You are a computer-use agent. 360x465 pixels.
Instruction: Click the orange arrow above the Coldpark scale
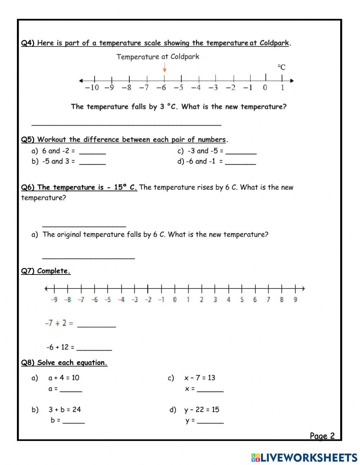pos(165,67)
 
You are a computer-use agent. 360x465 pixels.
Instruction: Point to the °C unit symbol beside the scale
pos(282,67)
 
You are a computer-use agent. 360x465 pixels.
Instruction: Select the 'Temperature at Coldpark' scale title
pos(158,57)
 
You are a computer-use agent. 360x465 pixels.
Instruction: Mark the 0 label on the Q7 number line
pos(175,299)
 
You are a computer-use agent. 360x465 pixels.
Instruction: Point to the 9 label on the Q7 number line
pos(295,299)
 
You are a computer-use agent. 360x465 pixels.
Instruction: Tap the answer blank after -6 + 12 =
pos(94,349)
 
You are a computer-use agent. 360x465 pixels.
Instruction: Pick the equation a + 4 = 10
pos(64,378)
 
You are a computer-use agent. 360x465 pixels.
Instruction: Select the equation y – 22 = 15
pos(202,410)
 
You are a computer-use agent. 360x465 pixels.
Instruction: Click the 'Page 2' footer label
pos(322,436)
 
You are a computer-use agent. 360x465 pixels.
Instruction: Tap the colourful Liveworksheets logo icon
pos(256,458)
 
